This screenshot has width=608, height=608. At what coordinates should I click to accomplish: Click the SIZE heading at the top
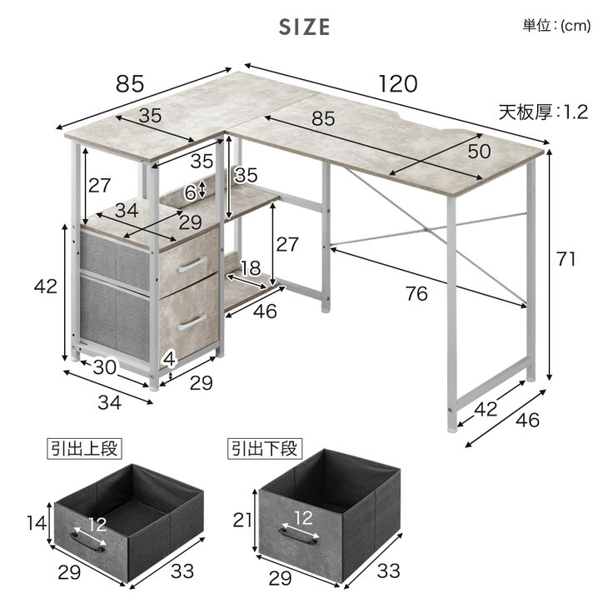(x=304, y=27)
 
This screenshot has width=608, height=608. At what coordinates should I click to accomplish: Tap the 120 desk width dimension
(x=398, y=84)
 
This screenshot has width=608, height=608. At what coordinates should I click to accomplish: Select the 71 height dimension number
(x=566, y=259)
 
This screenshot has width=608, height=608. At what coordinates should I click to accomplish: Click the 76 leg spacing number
(x=416, y=293)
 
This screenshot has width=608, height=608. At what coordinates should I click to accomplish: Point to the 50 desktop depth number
(x=479, y=152)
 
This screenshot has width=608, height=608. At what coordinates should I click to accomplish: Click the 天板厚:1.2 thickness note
(x=543, y=112)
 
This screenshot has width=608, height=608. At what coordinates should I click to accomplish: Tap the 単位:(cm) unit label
(x=556, y=26)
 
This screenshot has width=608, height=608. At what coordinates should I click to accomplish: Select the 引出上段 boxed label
(x=84, y=449)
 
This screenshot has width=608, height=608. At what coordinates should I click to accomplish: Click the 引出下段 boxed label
(x=265, y=449)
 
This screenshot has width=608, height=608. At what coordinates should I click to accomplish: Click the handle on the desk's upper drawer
(x=192, y=265)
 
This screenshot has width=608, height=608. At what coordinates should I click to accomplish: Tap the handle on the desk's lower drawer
(x=192, y=322)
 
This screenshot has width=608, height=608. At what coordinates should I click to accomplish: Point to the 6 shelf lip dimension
(x=190, y=192)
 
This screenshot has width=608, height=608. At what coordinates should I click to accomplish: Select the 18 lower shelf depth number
(x=251, y=268)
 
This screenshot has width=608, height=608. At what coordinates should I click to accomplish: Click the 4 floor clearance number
(x=169, y=360)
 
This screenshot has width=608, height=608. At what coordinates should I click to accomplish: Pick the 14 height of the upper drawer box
(x=37, y=523)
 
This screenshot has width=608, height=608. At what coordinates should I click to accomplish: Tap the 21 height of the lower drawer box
(x=242, y=520)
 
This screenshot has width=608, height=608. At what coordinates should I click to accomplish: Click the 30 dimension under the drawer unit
(x=104, y=366)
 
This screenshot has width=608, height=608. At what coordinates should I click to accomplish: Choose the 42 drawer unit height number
(x=45, y=287)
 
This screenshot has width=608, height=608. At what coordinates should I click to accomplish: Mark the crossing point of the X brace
(x=426, y=229)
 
